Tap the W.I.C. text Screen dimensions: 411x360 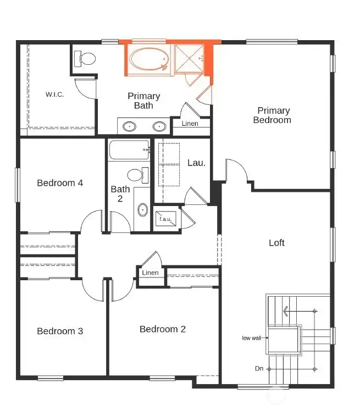click(55, 95)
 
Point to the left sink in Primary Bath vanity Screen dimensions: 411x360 click(129, 126)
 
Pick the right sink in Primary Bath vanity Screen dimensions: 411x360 click(159, 126)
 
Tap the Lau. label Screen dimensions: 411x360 click(196, 163)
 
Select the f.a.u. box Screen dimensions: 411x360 click(165, 219)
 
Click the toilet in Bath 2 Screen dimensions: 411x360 click(136, 175)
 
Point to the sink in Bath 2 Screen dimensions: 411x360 click(142, 209)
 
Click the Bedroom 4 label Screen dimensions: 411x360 click(60, 183)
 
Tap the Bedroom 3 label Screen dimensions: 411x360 click(60, 331)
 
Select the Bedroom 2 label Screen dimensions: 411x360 click(163, 329)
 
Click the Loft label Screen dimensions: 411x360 click(276, 243)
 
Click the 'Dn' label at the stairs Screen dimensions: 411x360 click(258, 368)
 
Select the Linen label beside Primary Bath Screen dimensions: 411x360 click(190, 124)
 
